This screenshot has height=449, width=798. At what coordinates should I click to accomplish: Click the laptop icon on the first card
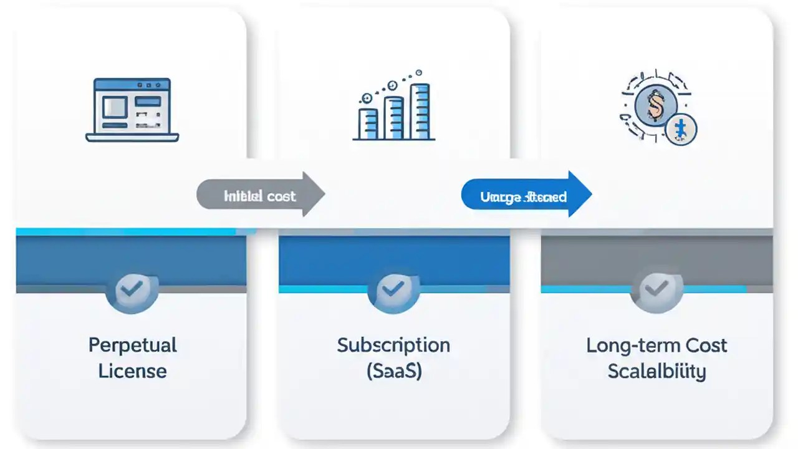[x=132, y=110]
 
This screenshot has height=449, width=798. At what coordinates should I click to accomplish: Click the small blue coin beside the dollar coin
[x=680, y=130]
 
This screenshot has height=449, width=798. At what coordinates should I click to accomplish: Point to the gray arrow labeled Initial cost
[x=261, y=195]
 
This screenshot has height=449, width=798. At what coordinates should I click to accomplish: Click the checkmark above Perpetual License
[x=132, y=287]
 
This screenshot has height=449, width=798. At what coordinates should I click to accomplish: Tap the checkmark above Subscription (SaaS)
[x=393, y=287]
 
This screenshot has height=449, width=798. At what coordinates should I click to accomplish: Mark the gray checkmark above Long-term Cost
[x=656, y=287]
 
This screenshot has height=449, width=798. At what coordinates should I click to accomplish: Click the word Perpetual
[x=132, y=345]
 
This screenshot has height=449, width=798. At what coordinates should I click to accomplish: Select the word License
[x=132, y=371]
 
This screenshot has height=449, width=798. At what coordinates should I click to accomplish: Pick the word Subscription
[x=393, y=345]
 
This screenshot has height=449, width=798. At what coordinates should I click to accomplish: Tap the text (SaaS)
[x=393, y=371]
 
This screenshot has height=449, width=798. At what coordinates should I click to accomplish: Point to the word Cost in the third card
[x=706, y=345]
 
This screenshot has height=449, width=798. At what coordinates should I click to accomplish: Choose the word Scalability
[x=656, y=371]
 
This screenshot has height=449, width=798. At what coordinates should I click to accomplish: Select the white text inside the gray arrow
[x=259, y=196]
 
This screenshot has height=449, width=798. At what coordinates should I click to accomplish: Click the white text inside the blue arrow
[x=523, y=197]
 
